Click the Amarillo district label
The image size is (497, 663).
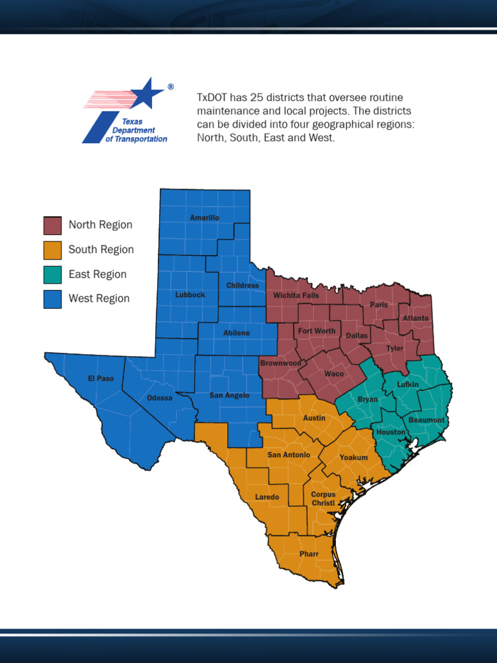point(204,218)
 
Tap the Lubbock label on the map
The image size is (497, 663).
point(190,295)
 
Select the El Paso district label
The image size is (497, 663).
point(101,378)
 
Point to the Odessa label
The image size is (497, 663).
point(160,398)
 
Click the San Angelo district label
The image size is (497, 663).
point(229,395)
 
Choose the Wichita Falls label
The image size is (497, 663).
point(296,295)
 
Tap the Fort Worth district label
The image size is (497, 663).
point(316,331)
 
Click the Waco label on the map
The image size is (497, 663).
point(334,374)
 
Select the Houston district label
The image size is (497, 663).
point(391,432)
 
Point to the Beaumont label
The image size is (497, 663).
point(426,420)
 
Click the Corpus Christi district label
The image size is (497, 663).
point(323,499)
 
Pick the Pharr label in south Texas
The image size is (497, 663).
point(309,554)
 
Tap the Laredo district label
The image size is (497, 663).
point(267,497)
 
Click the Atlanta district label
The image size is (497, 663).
point(415,319)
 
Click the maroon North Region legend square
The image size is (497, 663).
point(52,225)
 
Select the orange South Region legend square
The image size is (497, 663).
point(52,250)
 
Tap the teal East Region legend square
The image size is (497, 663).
point(52,275)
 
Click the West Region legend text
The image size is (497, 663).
point(99,298)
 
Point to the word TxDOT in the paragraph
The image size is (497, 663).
point(211,97)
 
